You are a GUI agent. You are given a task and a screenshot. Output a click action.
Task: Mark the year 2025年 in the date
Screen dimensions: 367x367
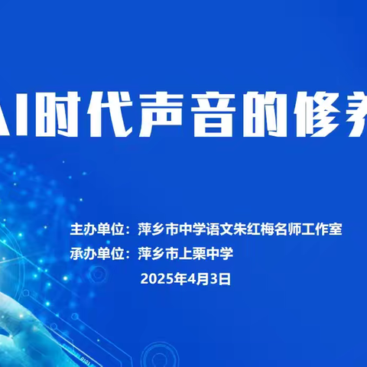[163, 279]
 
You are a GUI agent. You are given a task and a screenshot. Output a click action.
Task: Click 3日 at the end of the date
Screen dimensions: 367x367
[220, 279]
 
